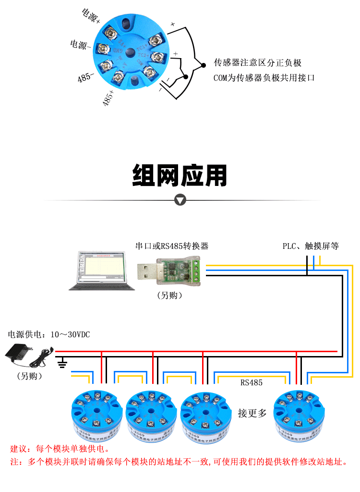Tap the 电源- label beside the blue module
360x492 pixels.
(x=81, y=45)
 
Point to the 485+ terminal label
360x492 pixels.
(x=108, y=98)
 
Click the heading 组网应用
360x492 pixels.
(x=180, y=176)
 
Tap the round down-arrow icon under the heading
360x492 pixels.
(x=180, y=200)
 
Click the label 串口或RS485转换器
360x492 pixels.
(x=172, y=246)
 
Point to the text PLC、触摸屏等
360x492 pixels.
(x=311, y=246)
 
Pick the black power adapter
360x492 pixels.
(x=19, y=356)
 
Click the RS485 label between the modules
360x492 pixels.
(x=252, y=383)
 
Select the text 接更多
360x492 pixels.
(x=252, y=413)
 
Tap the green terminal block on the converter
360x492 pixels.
(x=195, y=269)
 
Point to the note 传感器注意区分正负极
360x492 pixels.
(x=257, y=63)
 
